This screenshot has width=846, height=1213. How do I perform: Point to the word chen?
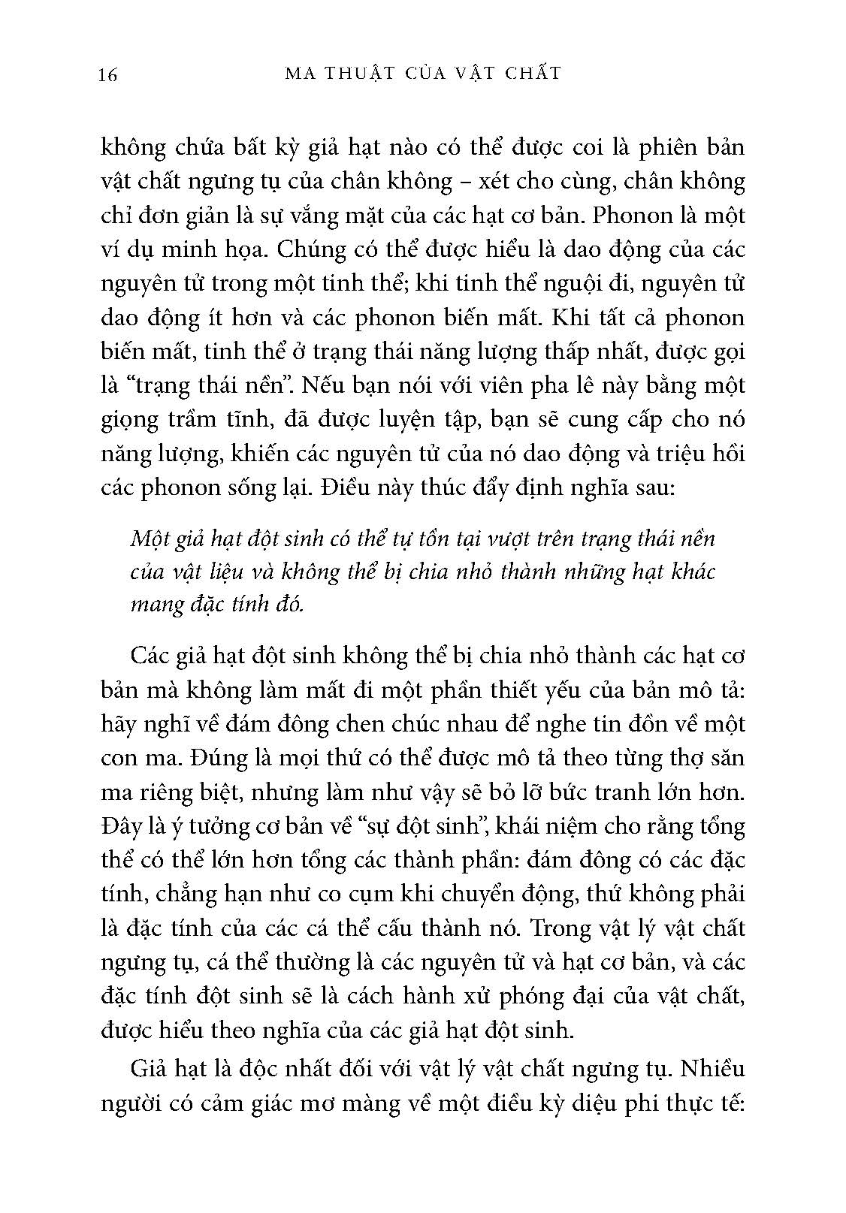[x=346, y=723]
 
